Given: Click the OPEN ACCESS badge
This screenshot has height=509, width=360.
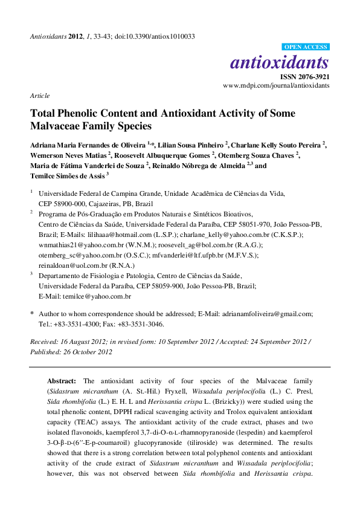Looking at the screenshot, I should pos(306,47).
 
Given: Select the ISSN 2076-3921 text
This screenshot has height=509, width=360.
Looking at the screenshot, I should pos(304,77).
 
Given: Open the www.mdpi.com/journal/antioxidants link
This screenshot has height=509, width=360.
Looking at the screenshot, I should pos(276,86).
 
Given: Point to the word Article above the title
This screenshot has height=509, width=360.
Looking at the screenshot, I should pos(39,96).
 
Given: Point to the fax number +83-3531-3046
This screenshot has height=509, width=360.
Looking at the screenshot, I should pos(141,323).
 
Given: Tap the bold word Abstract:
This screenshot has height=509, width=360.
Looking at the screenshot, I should pos(62,381).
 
